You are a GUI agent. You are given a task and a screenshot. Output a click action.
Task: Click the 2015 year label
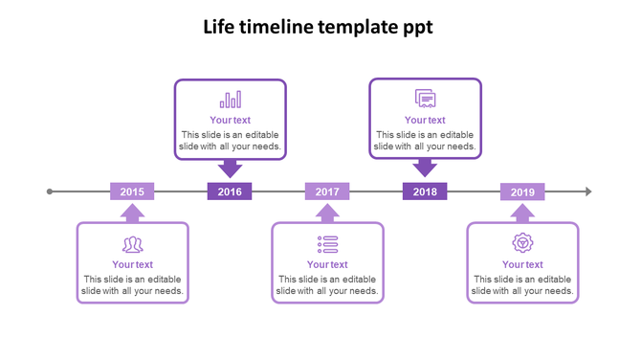(x=132, y=191)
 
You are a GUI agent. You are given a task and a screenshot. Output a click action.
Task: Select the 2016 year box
(x=230, y=191)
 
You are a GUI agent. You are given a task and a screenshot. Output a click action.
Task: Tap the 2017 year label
(x=327, y=191)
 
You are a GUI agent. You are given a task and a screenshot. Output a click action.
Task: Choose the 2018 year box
(x=425, y=191)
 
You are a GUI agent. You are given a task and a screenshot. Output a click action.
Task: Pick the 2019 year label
(x=522, y=191)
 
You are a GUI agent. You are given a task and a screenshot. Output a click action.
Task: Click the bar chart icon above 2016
(x=231, y=100)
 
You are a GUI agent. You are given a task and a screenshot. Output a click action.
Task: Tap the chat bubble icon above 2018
(x=425, y=99)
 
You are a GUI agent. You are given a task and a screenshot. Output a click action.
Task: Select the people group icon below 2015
(x=132, y=244)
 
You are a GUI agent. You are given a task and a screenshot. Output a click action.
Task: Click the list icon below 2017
(x=327, y=243)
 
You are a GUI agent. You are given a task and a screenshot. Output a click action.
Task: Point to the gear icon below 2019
(x=522, y=243)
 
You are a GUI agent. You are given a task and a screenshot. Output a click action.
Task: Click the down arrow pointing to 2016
(x=230, y=169)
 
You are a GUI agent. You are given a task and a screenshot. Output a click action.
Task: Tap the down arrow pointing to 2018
(x=425, y=169)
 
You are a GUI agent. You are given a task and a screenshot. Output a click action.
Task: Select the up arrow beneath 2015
(x=132, y=213)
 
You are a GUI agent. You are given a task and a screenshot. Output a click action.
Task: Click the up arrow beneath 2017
(x=327, y=213)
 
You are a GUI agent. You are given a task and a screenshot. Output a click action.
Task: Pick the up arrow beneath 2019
(x=522, y=213)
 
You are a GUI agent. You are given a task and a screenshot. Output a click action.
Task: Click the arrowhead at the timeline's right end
(x=588, y=191)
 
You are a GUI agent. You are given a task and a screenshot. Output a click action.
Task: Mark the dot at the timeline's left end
(x=50, y=191)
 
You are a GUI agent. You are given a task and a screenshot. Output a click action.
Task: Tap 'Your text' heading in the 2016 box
(x=230, y=121)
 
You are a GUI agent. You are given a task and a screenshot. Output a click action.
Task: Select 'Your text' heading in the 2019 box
(x=522, y=264)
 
